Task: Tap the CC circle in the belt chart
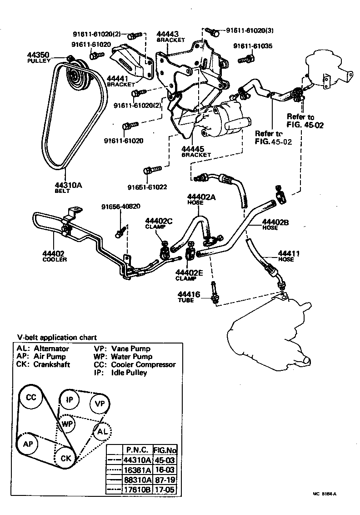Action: (x=31, y=397)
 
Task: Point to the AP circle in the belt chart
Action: (x=28, y=444)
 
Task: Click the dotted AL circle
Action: (x=102, y=431)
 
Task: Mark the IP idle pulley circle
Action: (x=70, y=399)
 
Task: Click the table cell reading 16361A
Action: (x=137, y=470)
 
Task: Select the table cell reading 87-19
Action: (x=165, y=480)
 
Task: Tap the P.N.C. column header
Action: (x=137, y=450)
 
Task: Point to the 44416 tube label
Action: (x=189, y=295)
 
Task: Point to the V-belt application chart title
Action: (x=57, y=338)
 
